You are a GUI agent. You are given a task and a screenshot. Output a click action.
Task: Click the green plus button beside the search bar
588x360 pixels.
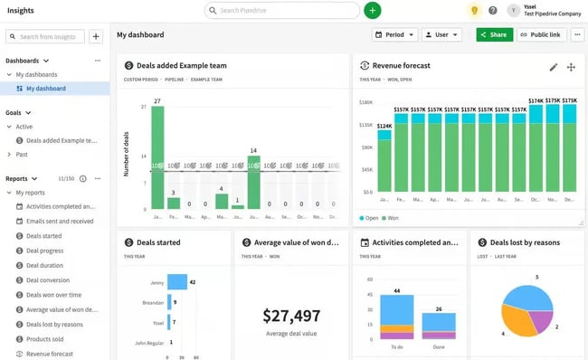click(373, 10)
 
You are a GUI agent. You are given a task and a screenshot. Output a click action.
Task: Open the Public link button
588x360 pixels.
click(541, 34)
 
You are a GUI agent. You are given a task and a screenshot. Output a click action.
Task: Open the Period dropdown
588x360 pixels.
click(394, 34)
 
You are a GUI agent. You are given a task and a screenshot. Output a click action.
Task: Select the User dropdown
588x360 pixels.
click(441, 34)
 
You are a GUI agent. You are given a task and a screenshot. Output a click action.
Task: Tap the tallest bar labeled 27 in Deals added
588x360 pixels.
click(157, 157)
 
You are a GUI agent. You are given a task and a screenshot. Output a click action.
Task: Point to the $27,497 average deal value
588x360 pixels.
click(291, 316)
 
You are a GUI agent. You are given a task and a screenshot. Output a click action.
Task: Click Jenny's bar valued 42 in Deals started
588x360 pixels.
click(176, 282)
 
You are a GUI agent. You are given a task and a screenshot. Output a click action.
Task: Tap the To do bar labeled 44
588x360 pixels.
click(397, 322)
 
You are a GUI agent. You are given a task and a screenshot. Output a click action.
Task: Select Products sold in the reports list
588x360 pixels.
click(50, 339)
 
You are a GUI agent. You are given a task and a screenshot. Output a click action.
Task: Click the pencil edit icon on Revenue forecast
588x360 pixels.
click(554, 67)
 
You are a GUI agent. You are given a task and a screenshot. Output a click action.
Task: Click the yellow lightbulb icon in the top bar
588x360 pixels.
click(473, 10)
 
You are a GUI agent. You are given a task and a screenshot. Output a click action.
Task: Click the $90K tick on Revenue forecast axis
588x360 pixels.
click(366, 147)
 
